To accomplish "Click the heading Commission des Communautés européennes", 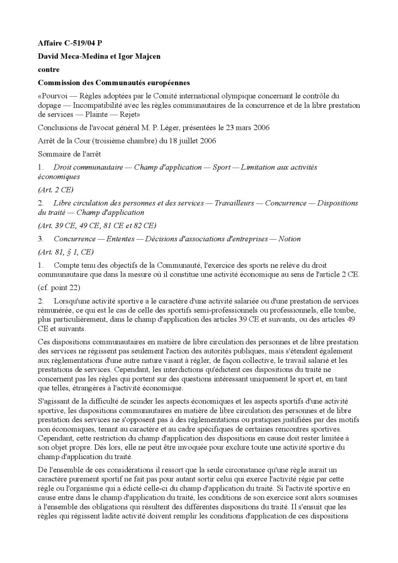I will pyautogui.click(x=113, y=83).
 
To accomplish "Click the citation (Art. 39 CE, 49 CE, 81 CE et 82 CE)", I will pyautogui.click(x=97, y=225).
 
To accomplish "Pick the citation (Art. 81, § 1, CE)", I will pyautogui.click(x=66, y=252).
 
